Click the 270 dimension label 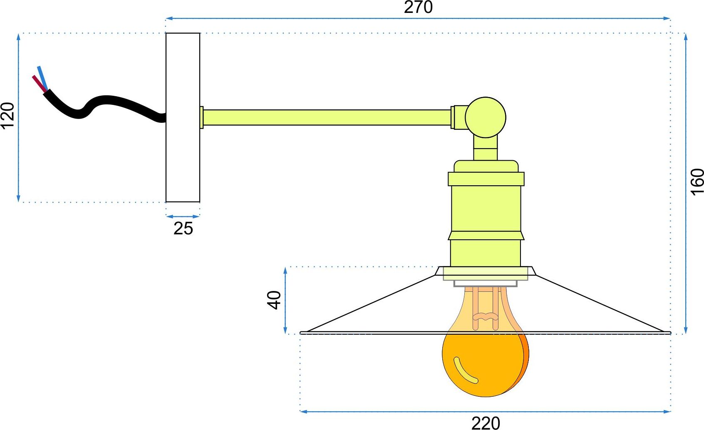click(x=418, y=7)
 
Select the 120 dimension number click(x=7, y=115)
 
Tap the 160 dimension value click(x=697, y=182)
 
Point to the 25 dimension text click(x=183, y=229)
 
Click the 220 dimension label click(x=486, y=423)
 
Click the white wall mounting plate click(x=183, y=117)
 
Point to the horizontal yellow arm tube click(x=327, y=117)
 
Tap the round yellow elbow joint click(x=486, y=117)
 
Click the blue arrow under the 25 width click(x=183, y=216)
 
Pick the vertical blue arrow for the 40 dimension click(x=285, y=300)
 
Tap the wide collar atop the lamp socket click(x=486, y=179)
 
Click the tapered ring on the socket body click(x=486, y=236)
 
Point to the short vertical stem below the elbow click(x=486, y=149)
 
